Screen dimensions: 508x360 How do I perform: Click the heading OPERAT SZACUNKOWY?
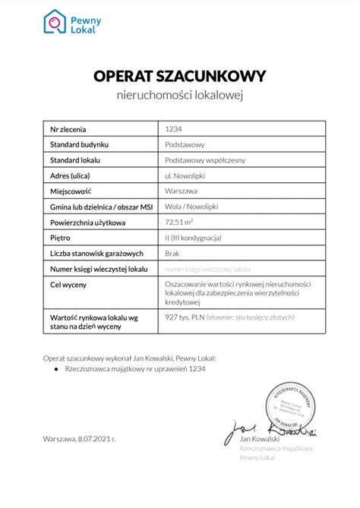click(x=179, y=76)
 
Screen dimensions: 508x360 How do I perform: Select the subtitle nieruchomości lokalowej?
click(x=179, y=96)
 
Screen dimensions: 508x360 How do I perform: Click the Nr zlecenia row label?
click(x=68, y=128)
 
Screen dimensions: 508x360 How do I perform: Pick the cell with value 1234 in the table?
click(x=173, y=128)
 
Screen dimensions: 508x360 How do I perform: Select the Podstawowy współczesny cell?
click(x=204, y=160)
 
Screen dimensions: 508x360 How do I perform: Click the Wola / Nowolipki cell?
click(x=191, y=207)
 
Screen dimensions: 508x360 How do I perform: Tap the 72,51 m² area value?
click(x=180, y=222)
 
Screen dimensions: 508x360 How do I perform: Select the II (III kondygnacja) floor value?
click(x=193, y=238)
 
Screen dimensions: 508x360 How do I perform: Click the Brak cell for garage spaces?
click(x=172, y=254)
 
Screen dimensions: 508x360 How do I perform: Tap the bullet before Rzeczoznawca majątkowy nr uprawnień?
click(x=57, y=368)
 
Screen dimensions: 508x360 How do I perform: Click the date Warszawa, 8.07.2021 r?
click(x=80, y=439)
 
